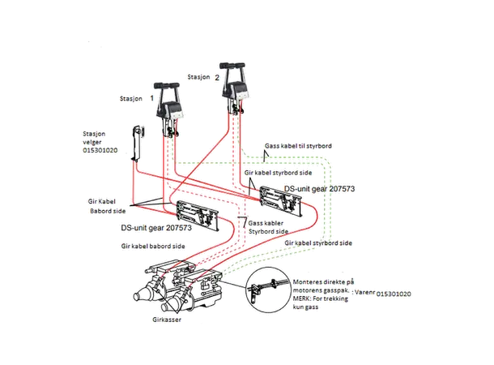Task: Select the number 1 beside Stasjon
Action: click(x=152, y=97)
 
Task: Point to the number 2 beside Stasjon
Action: click(x=217, y=78)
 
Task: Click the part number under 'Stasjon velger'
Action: click(x=100, y=150)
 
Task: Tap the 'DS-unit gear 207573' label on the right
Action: click(x=321, y=188)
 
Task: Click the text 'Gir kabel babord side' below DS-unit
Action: click(x=154, y=245)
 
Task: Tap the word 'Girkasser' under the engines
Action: click(x=166, y=321)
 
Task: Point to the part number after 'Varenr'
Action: click(x=398, y=294)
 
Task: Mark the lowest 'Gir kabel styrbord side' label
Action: click(x=319, y=243)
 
